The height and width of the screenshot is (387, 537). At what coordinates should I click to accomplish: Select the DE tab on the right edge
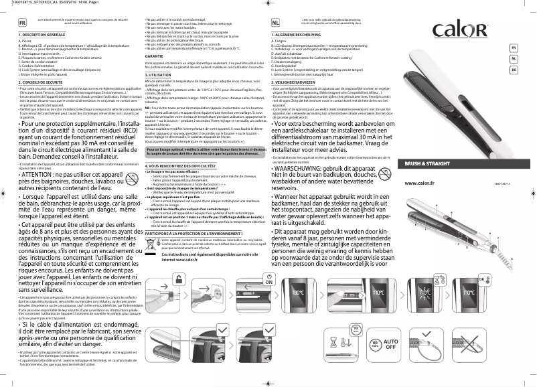(x=514, y=70)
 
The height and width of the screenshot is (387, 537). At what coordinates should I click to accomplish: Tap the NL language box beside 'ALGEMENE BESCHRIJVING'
(x=276, y=22)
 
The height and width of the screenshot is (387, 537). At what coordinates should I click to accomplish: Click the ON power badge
(x=270, y=281)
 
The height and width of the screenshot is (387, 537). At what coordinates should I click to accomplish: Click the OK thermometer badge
(x=485, y=279)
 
